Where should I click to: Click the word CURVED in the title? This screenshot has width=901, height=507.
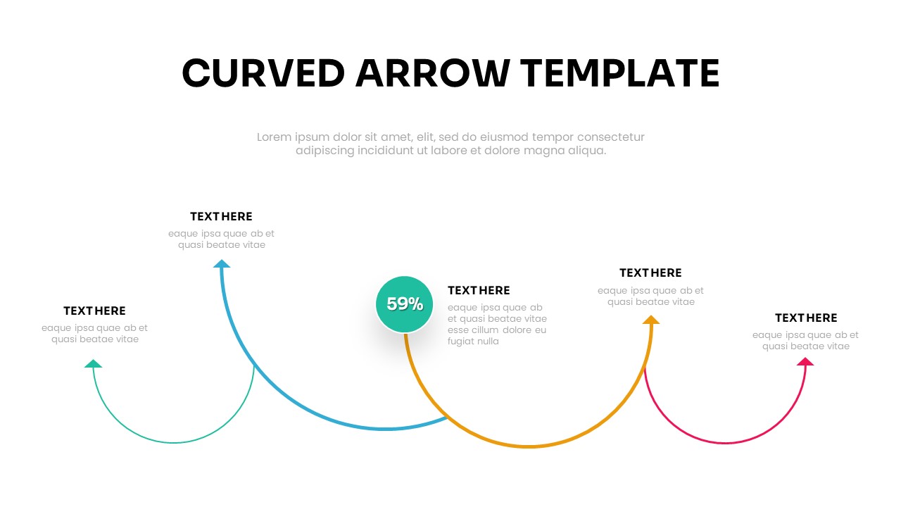pos(263,73)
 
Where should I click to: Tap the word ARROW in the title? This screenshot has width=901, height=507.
pos(433,73)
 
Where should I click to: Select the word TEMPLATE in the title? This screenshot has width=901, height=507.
pos(620,73)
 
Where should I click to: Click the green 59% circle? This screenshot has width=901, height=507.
pos(404,304)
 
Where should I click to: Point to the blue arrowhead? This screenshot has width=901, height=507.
pos(222,263)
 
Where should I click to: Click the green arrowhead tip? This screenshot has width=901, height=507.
pos(94,359)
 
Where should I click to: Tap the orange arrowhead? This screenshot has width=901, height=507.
pos(651,320)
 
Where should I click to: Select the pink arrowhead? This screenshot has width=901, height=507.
pos(805,361)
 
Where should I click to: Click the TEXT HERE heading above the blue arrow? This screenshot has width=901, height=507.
pos(221,216)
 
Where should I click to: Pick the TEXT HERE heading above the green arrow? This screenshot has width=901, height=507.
pos(94,311)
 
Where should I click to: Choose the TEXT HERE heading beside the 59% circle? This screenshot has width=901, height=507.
pos(479,290)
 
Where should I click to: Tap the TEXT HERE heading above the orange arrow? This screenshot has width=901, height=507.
pos(650,273)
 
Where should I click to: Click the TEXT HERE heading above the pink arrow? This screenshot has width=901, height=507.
pos(806,318)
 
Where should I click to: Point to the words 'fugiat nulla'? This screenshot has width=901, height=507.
pos(473,342)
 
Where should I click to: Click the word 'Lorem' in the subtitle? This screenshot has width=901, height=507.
pos(275,137)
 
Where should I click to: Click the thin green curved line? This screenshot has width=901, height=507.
pos(174,443)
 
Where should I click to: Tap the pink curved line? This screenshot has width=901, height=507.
pos(725,443)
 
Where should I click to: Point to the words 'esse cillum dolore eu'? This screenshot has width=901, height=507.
pos(497,330)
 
